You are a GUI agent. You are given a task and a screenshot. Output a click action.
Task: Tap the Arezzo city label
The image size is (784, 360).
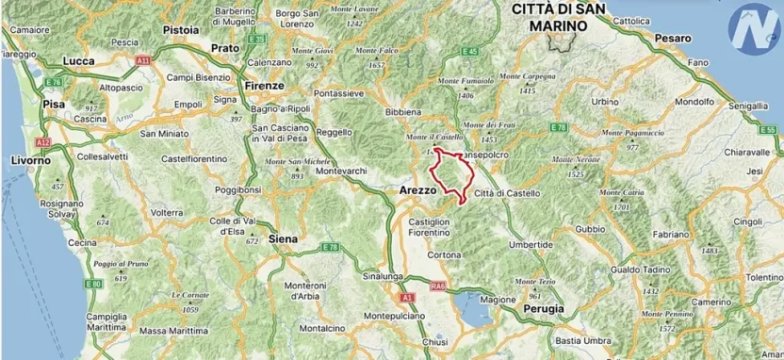[x=412, y=189]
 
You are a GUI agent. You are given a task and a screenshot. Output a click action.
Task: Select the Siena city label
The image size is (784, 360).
[x=283, y=238]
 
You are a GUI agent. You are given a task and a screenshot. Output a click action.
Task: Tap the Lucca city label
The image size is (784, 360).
[x=78, y=60]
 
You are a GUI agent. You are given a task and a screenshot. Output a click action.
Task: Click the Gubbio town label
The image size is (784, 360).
[x=591, y=228]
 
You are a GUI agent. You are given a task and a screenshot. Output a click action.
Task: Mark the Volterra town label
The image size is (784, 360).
[x=167, y=213]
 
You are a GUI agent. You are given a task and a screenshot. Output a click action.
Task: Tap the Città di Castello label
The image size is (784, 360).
[x=508, y=193]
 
